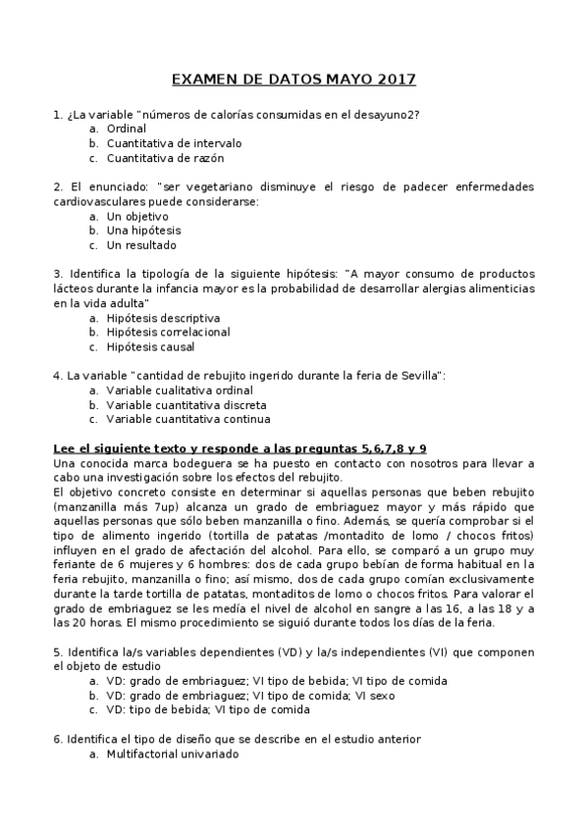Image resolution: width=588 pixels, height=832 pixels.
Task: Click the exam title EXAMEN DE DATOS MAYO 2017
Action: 294,78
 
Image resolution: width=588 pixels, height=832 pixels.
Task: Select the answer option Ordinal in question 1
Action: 126,129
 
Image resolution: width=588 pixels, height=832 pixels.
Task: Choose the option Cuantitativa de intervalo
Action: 174,143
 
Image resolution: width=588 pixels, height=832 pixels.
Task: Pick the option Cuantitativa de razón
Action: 165,158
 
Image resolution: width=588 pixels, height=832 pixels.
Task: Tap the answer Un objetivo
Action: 137,216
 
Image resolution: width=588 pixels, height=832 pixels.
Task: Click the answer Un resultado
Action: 141,245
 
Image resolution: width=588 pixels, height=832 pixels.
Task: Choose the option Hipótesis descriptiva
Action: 163,318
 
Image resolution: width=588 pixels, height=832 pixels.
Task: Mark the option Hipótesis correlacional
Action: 168,333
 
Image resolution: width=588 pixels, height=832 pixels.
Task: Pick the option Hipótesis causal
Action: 150,346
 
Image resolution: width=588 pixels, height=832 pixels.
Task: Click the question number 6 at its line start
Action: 57,740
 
